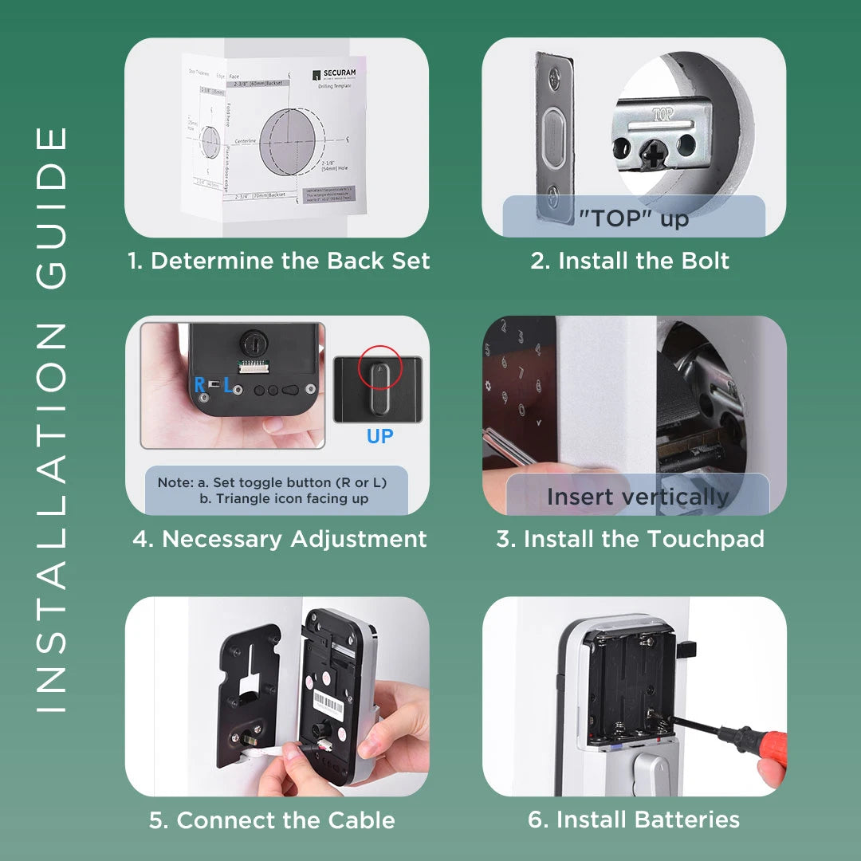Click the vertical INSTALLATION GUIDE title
(x=53, y=419)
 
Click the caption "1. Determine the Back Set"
(x=279, y=261)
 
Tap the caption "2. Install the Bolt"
(x=630, y=261)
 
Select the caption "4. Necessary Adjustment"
(x=279, y=539)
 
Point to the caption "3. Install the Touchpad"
(x=630, y=539)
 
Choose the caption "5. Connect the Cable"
(x=272, y=820)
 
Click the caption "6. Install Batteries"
(x=633, y=820)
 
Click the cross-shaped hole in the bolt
(x=653, y=154)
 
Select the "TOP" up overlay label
(x=634, y=217)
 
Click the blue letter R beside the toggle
(x=199, y=386)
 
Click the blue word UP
(x=380, y=437)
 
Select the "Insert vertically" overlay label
(x=638, y=496)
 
